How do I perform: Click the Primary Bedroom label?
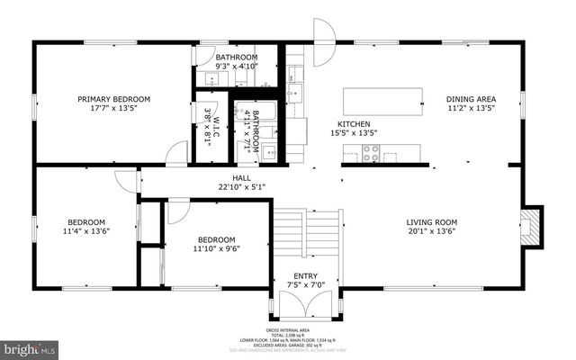point(113,99)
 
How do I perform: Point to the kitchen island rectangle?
point(383,96)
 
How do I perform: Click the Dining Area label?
point(471,99)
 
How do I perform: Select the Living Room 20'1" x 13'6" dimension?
point(433,231)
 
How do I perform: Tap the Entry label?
point(306,276)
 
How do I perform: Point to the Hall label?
point(242,178)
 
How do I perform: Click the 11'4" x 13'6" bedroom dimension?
point(87,231)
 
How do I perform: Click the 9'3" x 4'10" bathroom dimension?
point(237,66)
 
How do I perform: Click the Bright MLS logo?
point(29,346)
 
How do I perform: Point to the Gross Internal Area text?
point(288,331)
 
